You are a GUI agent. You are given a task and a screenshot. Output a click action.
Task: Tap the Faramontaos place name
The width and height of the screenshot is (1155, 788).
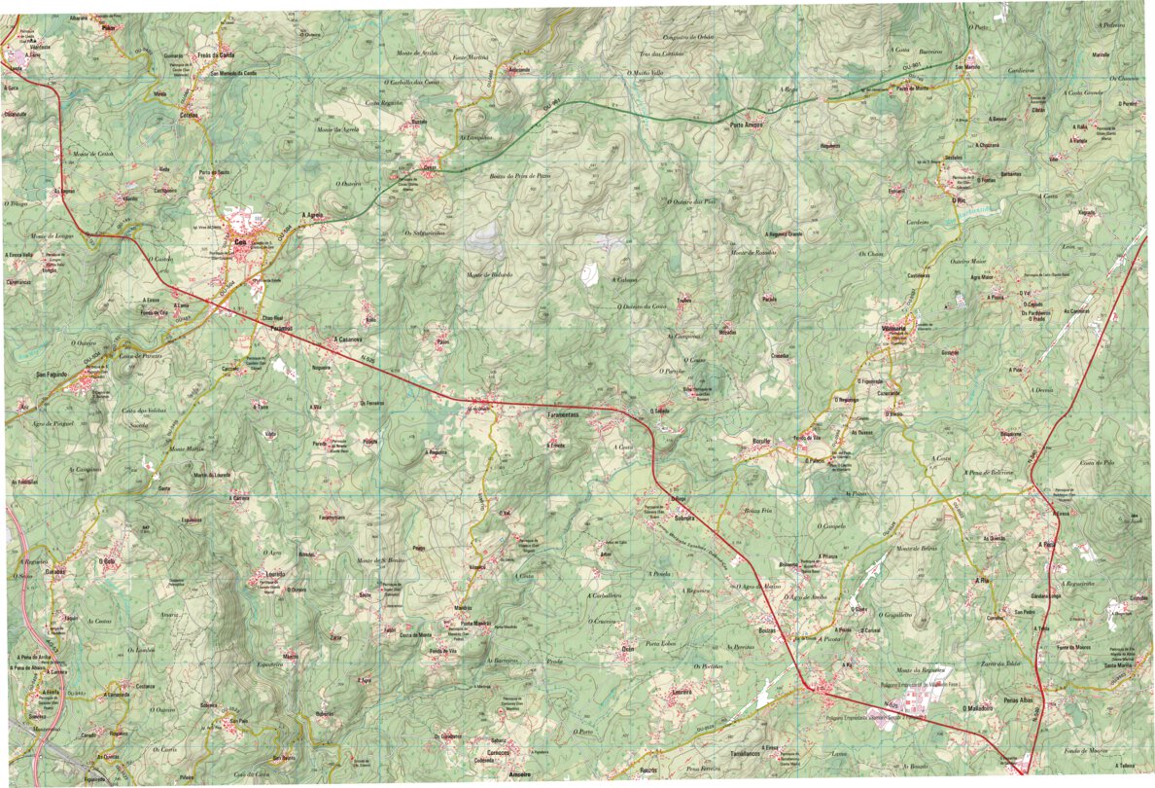[563, 415]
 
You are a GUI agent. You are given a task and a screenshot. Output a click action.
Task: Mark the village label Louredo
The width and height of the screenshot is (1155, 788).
[273, 574]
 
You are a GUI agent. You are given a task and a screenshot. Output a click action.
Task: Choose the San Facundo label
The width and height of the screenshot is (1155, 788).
[54, 375]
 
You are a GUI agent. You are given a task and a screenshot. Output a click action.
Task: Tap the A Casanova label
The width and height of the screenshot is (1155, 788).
[347, 340]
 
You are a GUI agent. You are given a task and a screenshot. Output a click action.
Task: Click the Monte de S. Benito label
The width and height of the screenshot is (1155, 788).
[379, 561]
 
